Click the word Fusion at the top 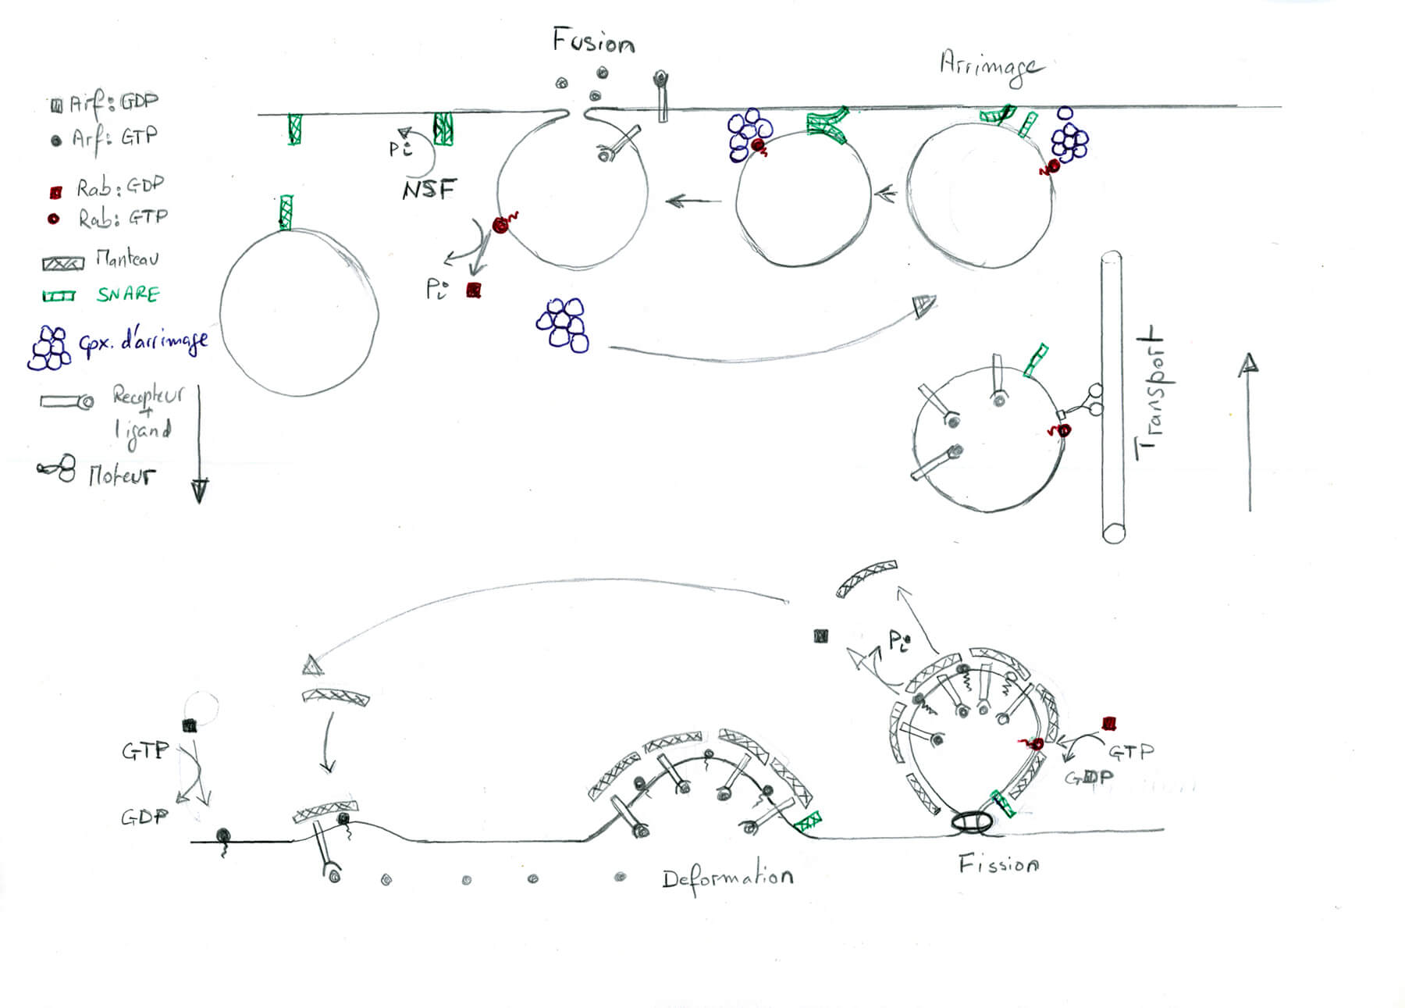pos(593,41)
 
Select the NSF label pos(429,190)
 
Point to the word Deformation pos(727,879)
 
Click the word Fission pos(998,864)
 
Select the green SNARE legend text pos(128,294)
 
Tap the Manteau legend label pos(127,258)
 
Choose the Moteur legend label pos(122,475)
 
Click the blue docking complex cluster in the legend pos(50,347)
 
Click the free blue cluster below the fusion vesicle pos(563,324)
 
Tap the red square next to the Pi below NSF pos(473,290)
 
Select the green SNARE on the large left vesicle pos(286,212)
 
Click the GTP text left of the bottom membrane pos(145,751)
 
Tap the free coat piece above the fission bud pos(866,578)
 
